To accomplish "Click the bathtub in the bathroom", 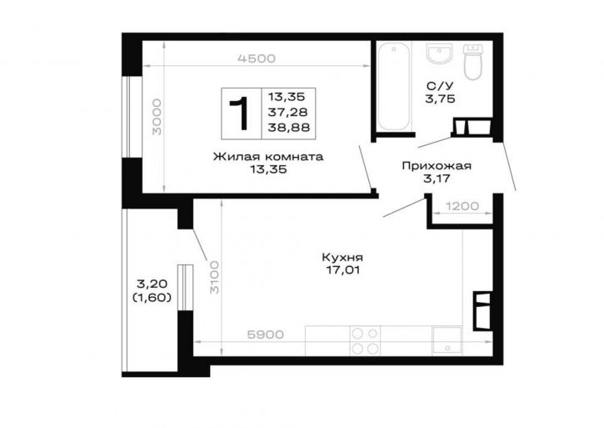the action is click(394, 87).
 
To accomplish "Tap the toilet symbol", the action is click(472, 62).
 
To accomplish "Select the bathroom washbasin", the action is click(438, 53).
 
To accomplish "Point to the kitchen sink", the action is click(447, 340).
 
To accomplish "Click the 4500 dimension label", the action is click(257, 58).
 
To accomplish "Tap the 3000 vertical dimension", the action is click(157, 117).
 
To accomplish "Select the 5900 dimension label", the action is click(265, 335).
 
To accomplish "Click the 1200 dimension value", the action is click(462, 206).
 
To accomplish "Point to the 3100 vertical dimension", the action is click(214, 277).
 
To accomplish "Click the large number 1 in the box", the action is click(239, 113).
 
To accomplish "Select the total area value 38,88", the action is click(289, 128).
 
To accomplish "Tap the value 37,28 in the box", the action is click(288, 112).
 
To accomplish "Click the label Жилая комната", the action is click(268, 157).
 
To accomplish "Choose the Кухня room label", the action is click(342, 258).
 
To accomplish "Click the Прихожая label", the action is click(437, 166).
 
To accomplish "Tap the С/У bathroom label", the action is click(440, 86).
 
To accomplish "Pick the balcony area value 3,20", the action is click(152, 284).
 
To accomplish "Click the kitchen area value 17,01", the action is click(343, 269).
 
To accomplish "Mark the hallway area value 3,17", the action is click(437, 179).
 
